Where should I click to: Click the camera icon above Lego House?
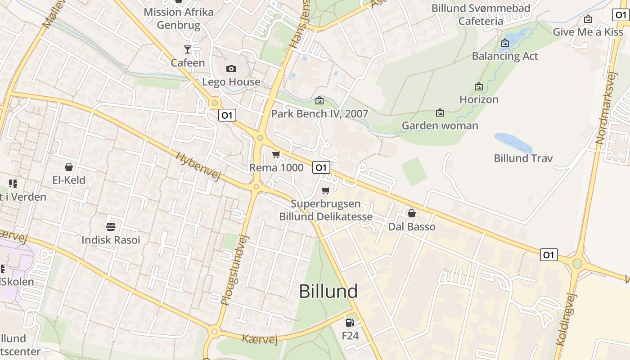point(231,68)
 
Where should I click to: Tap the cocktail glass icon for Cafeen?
point(188,49)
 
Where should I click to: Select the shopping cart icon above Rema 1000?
point(276,155)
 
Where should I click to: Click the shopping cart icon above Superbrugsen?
point(326,190)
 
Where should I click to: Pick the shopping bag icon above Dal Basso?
point(411,213)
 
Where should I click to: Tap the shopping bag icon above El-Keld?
point(69,167)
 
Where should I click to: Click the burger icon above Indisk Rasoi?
point(111,226)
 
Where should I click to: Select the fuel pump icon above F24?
point(350,322)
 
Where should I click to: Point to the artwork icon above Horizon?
point(479,86)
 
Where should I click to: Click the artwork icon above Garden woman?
point(440,112)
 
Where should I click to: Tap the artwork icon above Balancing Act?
point(505,43)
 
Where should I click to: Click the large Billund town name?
point(328,291)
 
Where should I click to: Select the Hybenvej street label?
point(198,166)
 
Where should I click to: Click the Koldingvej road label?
point(566,319)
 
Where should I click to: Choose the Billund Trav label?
point(523,158)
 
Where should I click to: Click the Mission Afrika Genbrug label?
point(179,18)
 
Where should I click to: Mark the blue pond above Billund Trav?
point(513,142)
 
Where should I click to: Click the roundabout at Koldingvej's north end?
point(577,264)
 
